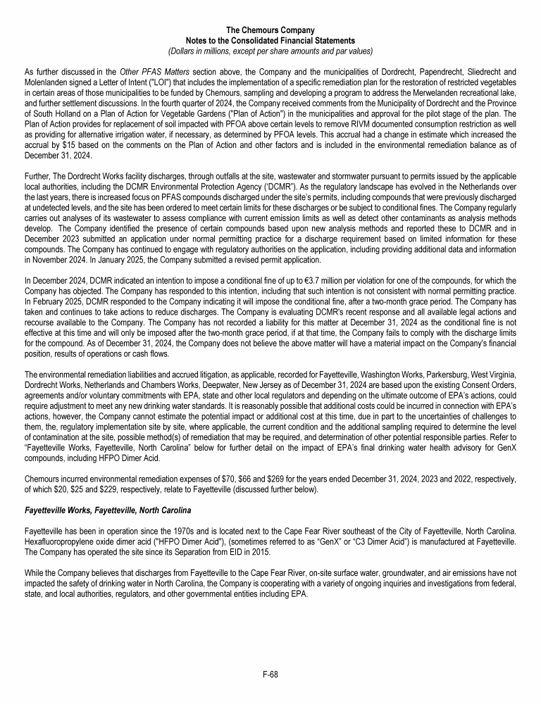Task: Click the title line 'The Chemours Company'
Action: click(270, 30)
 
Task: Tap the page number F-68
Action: click(270, 674)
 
